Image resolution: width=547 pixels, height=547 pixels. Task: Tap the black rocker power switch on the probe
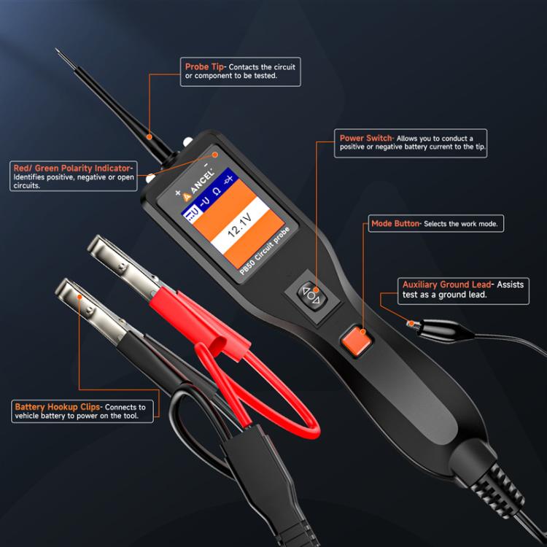coord(311,295)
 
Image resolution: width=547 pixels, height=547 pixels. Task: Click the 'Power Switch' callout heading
coord(367,138)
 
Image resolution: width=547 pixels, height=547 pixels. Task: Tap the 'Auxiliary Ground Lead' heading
coord(446,284)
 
